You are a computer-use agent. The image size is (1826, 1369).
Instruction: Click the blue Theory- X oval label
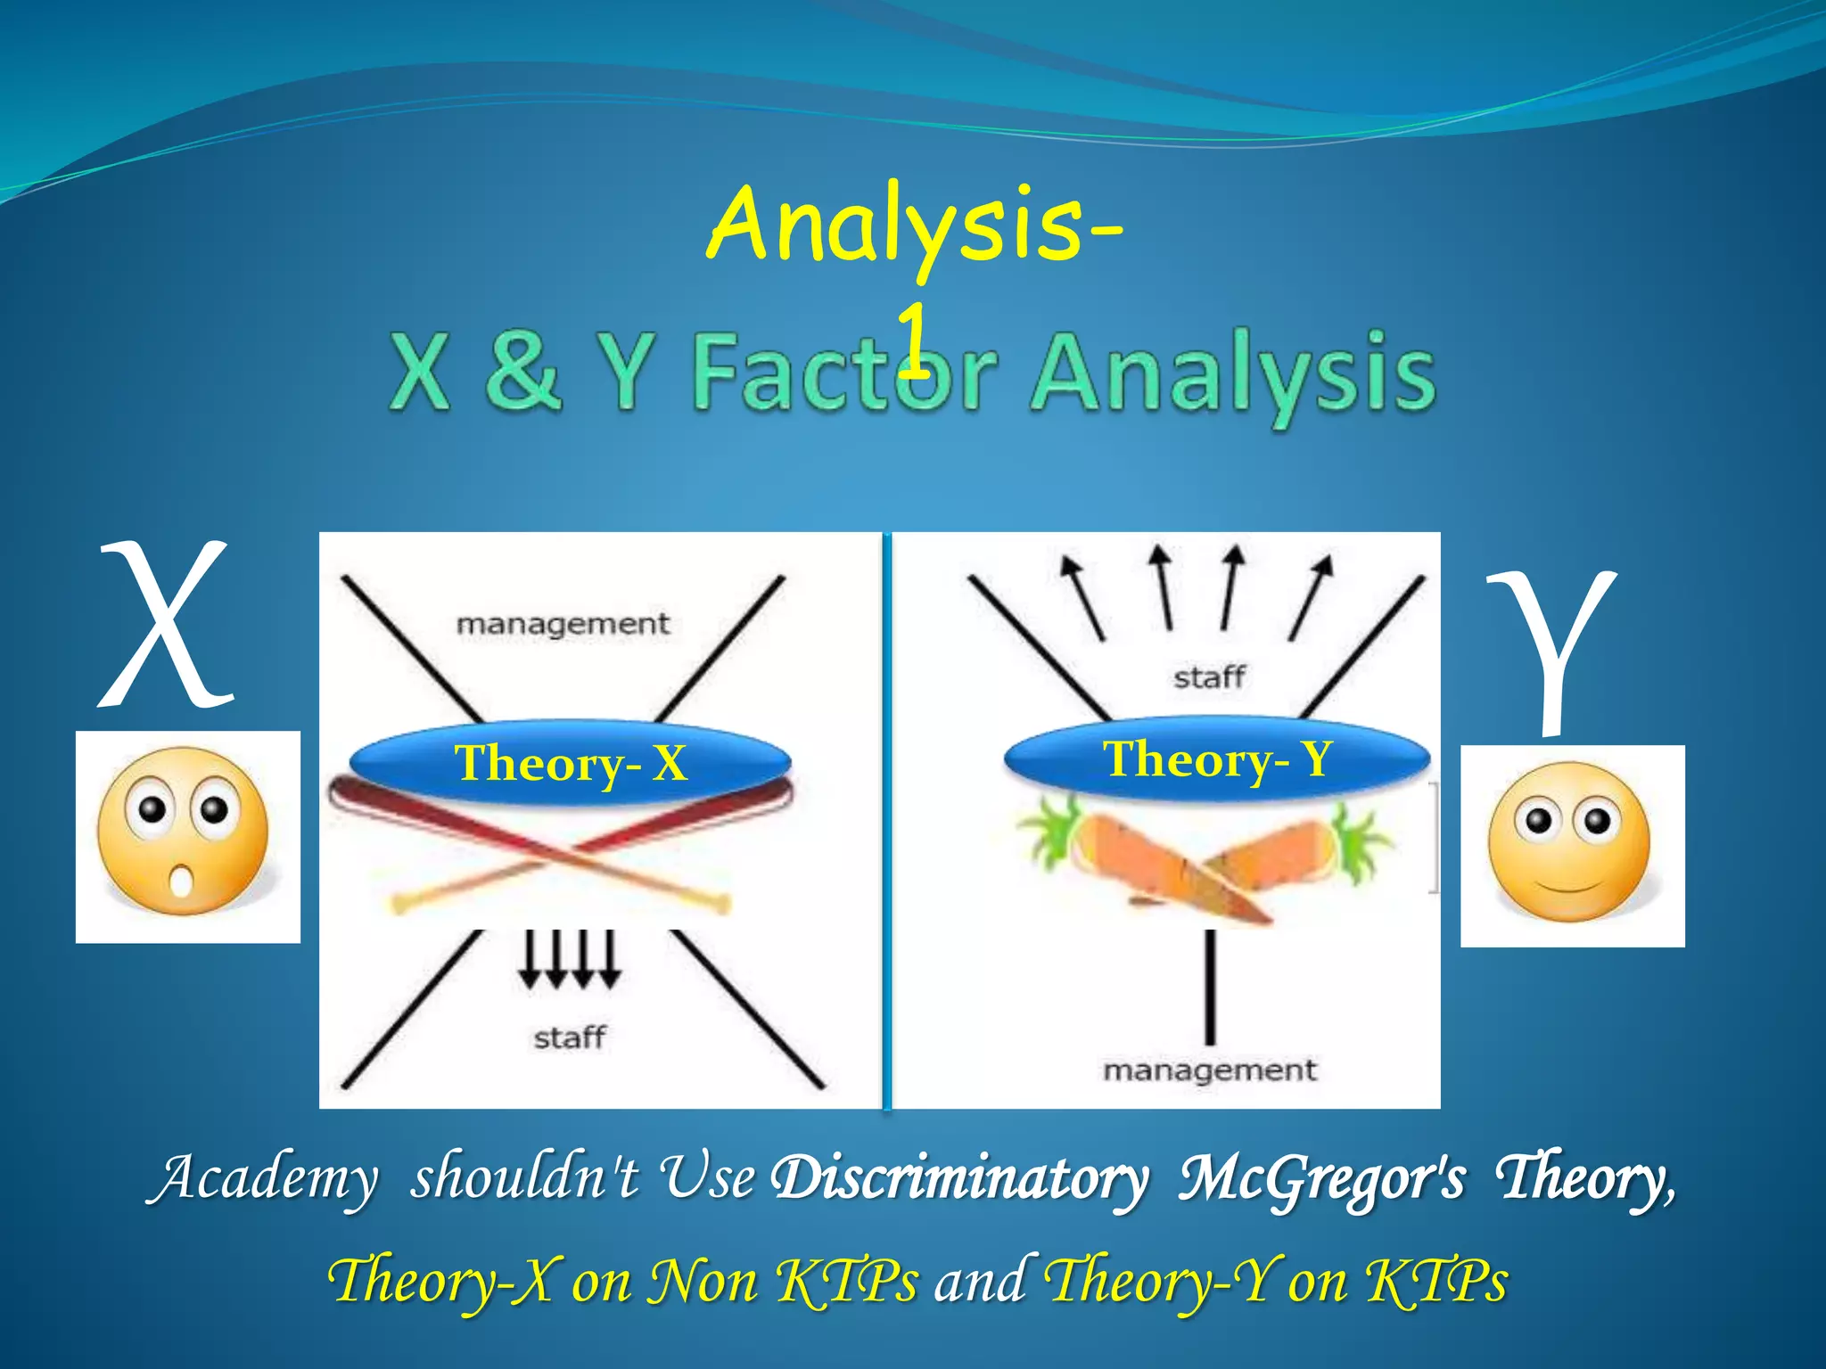click(x=571, y=763)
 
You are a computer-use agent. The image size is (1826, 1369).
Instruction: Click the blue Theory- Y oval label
click(x=1217, y=758)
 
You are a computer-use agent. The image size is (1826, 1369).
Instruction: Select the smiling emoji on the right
click(x=1570, y=842)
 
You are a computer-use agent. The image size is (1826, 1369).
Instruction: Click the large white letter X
click(x=166, y=624)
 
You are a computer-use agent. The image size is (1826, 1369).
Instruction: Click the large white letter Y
click(x=1552, y=651)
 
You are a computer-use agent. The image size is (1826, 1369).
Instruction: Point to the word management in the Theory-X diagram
click(x=563, y=624)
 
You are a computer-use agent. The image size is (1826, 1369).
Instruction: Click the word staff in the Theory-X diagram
click(x=569, y=1037)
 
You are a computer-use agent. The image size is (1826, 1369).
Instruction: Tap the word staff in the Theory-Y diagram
click(x=1209, y=677)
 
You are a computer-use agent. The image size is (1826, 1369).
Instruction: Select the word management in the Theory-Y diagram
click(x=1209, y=1070)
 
